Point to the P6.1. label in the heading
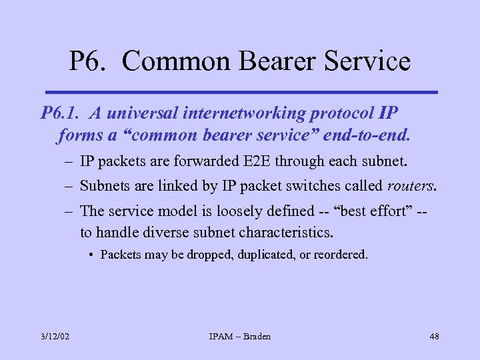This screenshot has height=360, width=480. tap(63, 113)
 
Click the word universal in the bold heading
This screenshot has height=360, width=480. tap(147, 113)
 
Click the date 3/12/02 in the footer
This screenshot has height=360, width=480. tap(54, 336)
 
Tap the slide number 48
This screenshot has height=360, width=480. tap(433, 336)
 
